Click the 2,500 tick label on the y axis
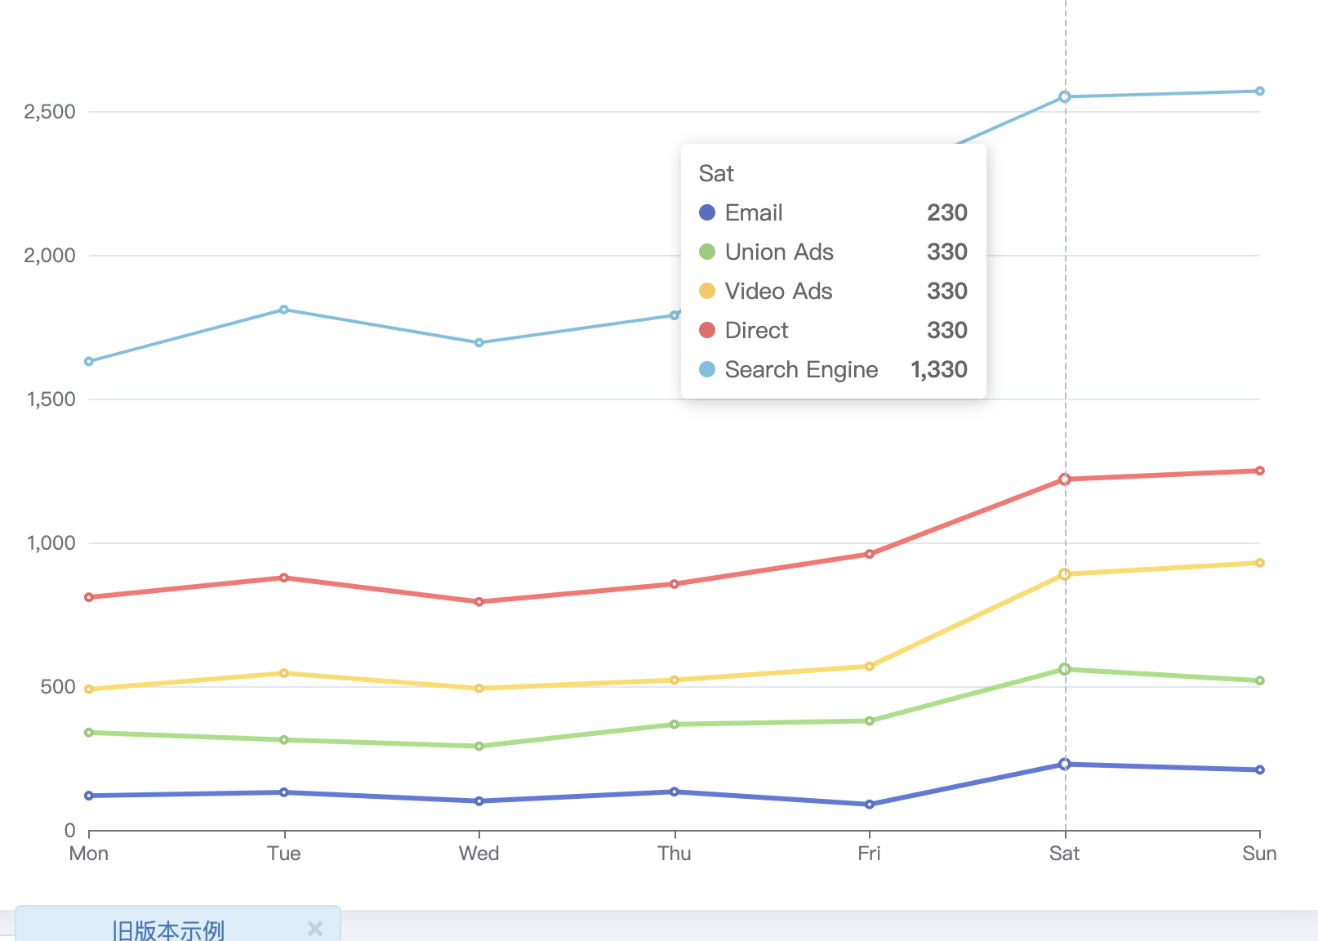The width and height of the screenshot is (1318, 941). (x=50, y=112)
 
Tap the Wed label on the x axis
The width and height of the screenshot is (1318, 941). (x=479, y=854)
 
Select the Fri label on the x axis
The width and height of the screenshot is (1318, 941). (x=869, y=854)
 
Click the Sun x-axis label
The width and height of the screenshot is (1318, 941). (x=1258, y=854)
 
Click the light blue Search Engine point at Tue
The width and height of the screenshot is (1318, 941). (x=284, y=310)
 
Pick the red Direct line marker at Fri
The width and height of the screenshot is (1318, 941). (x=870, y=554)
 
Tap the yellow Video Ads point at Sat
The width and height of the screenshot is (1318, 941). (x=1064, y=574)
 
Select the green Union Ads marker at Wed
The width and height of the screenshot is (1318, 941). (x=479, y=746)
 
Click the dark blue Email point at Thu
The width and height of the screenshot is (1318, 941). (x=675, y=792)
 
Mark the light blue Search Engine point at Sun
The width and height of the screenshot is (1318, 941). (x=1260, y=91)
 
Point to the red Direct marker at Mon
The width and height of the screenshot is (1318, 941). (x=89, y=597)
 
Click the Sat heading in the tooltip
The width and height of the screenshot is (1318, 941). (x=716, y=174)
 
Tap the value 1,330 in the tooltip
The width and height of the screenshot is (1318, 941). (x=939, y=370)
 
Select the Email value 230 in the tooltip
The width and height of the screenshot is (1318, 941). (x=947, y=213)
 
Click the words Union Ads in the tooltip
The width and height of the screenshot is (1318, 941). (x=779, y=252)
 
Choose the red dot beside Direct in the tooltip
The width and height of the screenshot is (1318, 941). (x=707, y=330)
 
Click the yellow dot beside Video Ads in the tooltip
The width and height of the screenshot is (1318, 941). (x=707, y=291)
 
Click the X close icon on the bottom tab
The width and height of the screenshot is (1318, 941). (x=315, y=929)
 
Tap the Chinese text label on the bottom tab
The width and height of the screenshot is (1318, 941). (x=168, y=930)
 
